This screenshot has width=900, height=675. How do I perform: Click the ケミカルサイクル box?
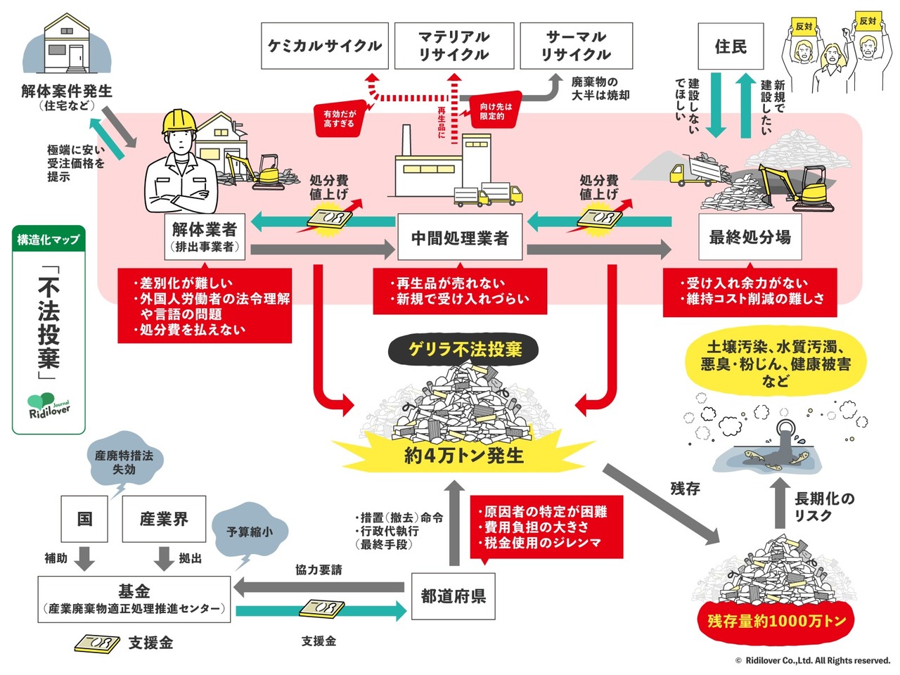(x=324, y=46)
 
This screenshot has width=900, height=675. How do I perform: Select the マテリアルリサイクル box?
(x=454, y=46)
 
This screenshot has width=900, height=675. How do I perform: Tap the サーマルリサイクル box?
(x=576, y=46)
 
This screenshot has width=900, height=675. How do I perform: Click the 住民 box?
(x=731, y=46)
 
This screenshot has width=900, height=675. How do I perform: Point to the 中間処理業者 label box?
(x=460, y=238)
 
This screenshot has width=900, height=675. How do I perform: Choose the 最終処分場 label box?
(x=750, y=238)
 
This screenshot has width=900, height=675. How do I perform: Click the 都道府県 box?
(x=453, y=596)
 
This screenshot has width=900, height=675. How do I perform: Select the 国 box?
(x=84, y=519)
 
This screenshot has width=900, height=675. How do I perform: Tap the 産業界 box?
(x=164, y=519)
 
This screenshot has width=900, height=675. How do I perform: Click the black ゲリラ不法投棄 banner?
(x=465, y=349)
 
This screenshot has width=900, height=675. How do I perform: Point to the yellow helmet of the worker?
(x=179, y=122)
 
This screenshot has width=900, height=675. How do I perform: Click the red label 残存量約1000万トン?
(x=776, y=621)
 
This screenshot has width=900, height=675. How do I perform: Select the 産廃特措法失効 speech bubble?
(x=124, y=461)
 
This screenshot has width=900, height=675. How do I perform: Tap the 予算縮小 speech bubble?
(x=250, y=532)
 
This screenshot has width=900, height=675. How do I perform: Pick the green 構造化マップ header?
(x=49, y=239)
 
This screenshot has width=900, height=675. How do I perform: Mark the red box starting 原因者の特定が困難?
(x=546, y=527)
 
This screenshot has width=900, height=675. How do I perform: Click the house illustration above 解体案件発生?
(x=67, y=44)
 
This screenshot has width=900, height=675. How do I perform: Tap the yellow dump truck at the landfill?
(x=693, y=173)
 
